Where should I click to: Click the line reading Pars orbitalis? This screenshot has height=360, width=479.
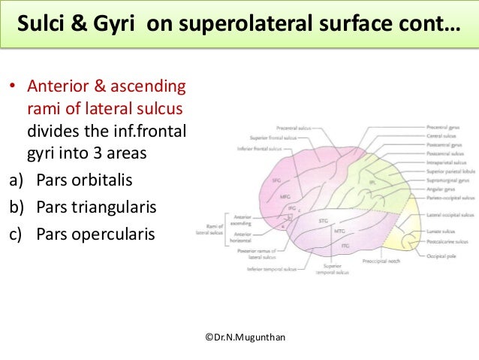coord(75,182)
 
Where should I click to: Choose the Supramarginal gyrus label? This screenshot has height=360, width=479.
coord(444,181)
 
